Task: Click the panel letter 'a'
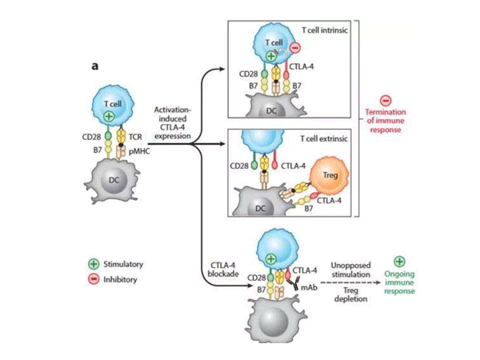(95, 67)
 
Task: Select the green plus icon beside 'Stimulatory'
(94, 264)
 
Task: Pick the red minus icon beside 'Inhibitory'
(94, 279)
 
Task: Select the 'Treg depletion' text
(351, 297)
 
